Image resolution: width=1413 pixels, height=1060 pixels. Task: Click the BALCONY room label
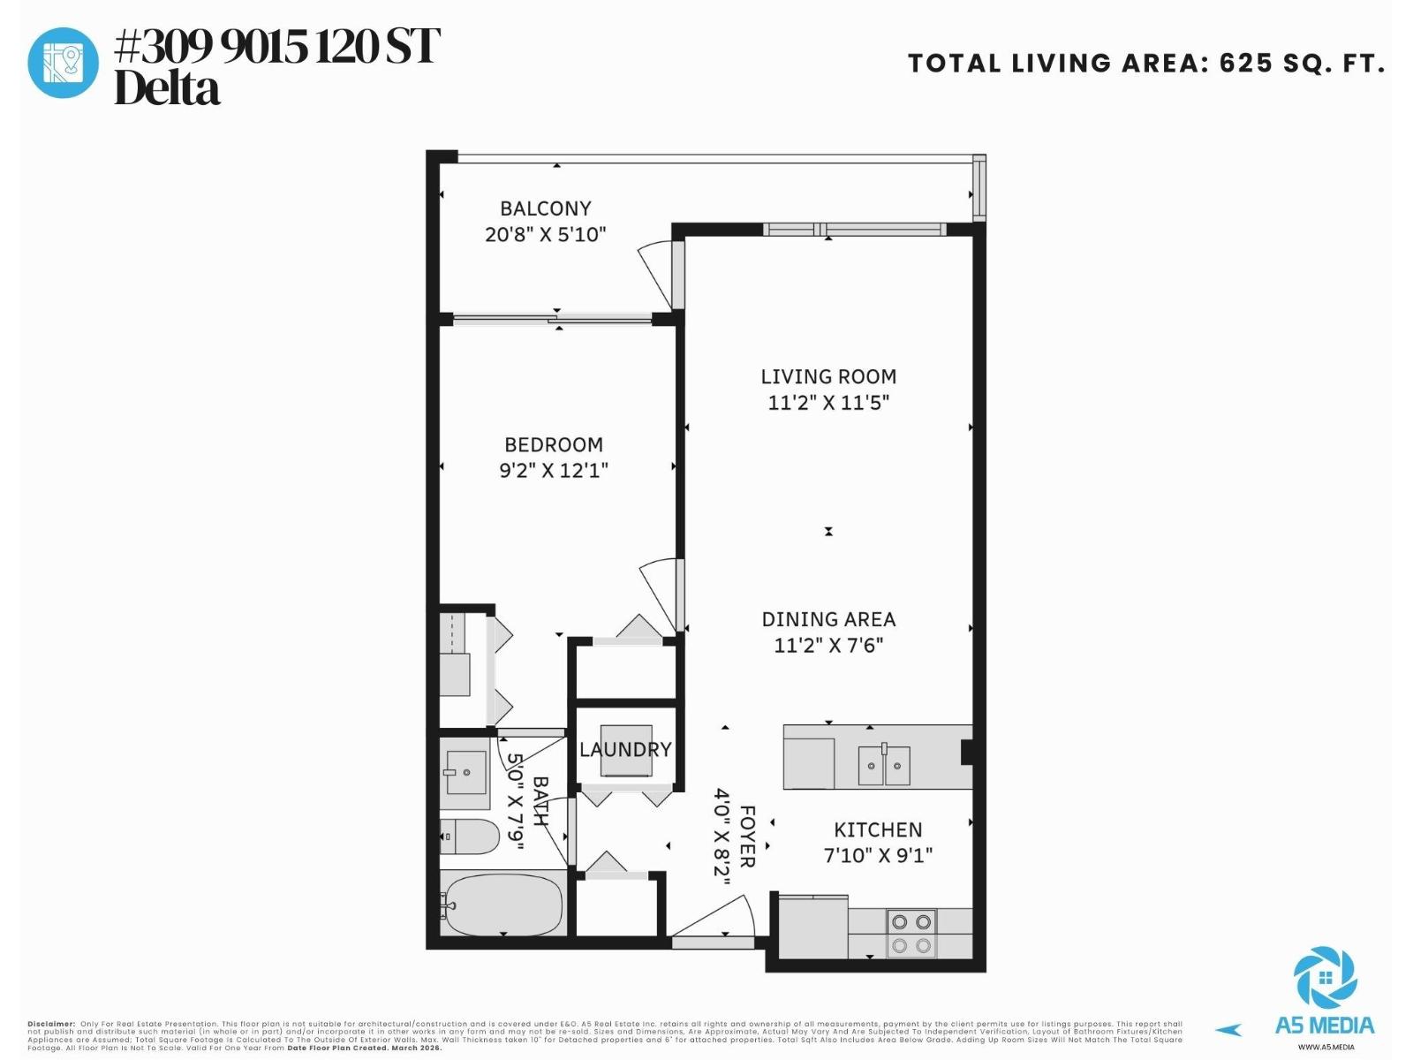tap(545, 208)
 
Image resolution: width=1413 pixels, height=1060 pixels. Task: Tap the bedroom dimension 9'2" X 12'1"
tap(554, 470)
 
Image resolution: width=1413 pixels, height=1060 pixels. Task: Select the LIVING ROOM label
tap(828, 376)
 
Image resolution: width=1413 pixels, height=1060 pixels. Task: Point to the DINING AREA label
tap(828, 619)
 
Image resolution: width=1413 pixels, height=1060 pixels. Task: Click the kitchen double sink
tap(884, 765)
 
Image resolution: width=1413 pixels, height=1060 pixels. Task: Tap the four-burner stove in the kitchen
tap(911, 934)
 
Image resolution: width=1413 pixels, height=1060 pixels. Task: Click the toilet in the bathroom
tap(469, 837)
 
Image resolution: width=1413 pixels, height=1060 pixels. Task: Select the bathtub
tap(503, 904)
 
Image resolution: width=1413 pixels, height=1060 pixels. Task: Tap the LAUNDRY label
tap(625, 749)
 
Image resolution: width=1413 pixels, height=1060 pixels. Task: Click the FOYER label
tap(747, 836)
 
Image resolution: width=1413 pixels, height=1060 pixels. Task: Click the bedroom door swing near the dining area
tap(658, 590)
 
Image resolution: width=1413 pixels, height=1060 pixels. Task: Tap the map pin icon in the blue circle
tap(63, 63)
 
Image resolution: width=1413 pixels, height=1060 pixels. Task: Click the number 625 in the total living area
tap(1246, 64)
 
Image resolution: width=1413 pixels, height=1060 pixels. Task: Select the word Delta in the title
tap(167, 89)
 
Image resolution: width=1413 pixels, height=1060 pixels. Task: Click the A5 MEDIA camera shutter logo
tap(1325, 979)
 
